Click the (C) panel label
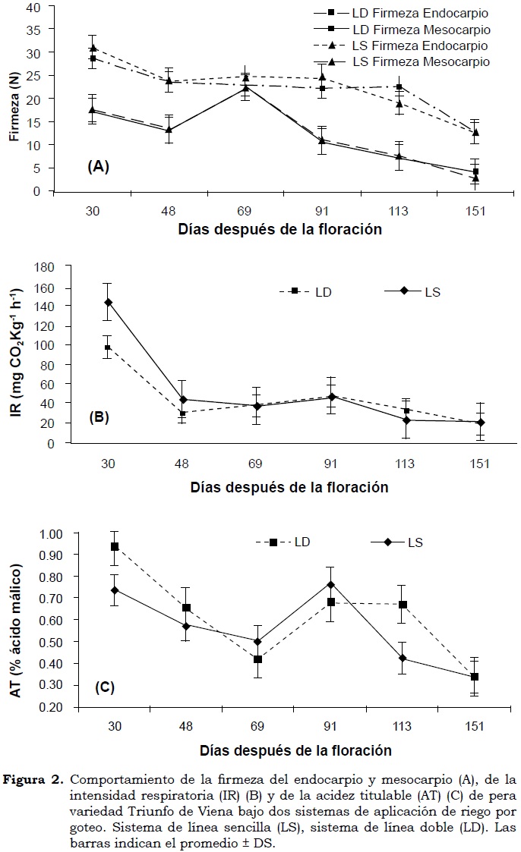point(105,688)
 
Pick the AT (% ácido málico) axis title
point(15,620)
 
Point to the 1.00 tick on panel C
point(50,533)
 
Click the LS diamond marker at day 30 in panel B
point(108,302)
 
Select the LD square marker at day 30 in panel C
point(115,546)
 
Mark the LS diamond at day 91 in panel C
point(330,584)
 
